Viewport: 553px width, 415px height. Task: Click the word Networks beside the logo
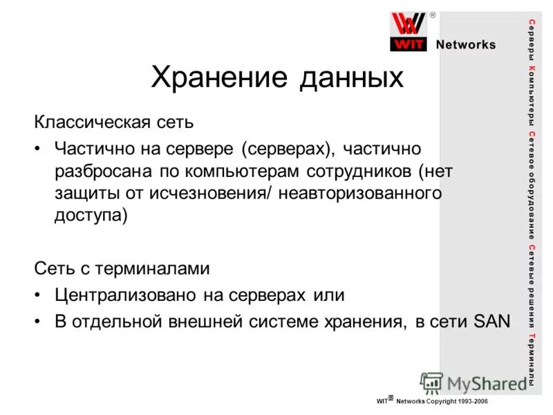tap(466, 45)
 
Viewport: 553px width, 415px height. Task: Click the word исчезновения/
tap(219, 193)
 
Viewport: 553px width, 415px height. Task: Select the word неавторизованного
tap(361, 193)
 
